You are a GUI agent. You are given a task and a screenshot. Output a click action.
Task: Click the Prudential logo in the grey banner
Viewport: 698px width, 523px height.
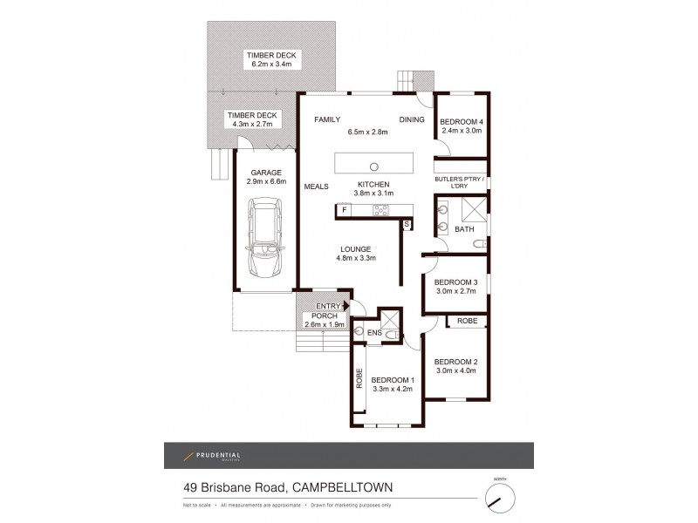pyautogui.click(x=209, y=456)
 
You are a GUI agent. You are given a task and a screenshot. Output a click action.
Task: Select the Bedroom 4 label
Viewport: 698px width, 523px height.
pyautogui.click(x=461, y=121)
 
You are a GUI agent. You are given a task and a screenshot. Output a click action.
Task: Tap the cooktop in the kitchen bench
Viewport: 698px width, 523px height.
pyautogui.click(x=382, y=210)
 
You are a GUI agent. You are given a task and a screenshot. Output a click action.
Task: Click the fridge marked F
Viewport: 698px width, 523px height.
pyautogui.click(x=345, y=210)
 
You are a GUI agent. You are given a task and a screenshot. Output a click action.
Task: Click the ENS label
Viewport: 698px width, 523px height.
pyautogui.click(x=373, y=332)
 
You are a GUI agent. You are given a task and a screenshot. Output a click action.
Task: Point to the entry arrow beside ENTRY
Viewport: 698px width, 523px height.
pyautogui.click(x=346, y=306)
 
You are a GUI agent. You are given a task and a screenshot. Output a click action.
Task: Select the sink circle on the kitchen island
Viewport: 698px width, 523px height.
pyautogui.click(x=373, y=165)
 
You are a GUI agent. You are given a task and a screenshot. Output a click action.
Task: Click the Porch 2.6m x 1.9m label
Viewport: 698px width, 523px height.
pyautogui.click(x=325, y=320)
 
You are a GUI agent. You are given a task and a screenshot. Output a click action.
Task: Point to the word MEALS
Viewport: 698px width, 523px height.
pyautogui.click(x=316, y=186)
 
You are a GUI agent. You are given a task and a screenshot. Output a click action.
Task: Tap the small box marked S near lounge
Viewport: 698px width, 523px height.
pyautogui.click(x=406, y=224)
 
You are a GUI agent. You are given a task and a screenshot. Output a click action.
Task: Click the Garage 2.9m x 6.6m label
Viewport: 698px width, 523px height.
pyautogui.click(x=266, y=177)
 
